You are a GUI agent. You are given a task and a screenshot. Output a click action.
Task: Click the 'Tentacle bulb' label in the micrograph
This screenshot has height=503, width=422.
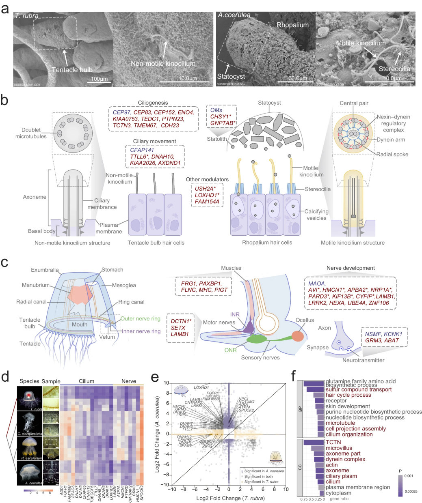point(72,70)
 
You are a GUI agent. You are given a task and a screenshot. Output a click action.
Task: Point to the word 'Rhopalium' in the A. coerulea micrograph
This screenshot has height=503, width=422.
point(292,25)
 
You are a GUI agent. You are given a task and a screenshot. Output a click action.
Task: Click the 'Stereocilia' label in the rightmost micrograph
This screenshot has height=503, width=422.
point(394,69)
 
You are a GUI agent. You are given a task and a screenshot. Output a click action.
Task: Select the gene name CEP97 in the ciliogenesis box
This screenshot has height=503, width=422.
point(121,112)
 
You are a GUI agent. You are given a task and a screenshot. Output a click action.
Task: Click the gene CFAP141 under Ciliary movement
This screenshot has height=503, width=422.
point(142,150)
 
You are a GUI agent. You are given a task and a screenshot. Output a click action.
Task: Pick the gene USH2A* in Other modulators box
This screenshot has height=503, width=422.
point(205,189)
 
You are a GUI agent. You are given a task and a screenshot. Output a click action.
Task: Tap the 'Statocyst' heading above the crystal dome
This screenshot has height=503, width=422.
point(269,103)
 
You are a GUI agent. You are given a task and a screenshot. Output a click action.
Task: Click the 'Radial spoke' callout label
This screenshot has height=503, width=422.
point(392,154)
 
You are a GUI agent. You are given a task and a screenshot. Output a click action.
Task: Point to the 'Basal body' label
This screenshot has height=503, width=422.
point(41,231)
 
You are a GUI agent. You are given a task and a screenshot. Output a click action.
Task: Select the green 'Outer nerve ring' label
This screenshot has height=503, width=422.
point(140,319)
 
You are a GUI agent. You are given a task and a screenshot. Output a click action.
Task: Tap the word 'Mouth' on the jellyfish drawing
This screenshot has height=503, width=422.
point(80,324)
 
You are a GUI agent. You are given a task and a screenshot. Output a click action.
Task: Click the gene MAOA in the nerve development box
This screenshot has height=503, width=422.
point(317,284)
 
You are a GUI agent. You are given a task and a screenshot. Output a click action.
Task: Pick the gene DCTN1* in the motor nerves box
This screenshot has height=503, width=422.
point(181,321)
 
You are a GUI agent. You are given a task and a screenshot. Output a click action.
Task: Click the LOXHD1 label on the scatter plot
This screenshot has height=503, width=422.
point(201,387)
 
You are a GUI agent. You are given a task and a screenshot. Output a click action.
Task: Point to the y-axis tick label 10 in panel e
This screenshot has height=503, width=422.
point(166,383)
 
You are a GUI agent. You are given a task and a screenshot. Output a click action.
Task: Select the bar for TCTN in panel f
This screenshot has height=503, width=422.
point(314,442)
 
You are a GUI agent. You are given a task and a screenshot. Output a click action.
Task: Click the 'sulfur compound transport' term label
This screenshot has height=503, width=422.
point(358,389)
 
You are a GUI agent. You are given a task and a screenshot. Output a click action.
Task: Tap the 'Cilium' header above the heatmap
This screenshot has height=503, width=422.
point(87,381)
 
